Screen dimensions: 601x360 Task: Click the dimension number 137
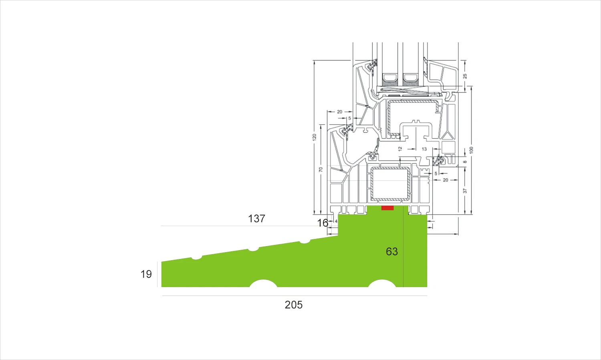click(256, 218)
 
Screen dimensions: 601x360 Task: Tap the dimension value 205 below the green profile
click(294, 305)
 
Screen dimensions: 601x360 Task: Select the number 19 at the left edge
click(146, 274)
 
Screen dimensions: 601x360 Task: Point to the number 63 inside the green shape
click(392, 251)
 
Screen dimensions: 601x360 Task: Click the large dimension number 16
click(323, 223)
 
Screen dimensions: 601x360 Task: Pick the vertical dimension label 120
click(315, 137)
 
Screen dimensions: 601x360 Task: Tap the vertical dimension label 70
click(321, 170)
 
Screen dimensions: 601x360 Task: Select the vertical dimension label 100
click(471, 150)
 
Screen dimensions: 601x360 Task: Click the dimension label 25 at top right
click(465, 76)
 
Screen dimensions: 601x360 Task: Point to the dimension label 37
click(465, 191)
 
